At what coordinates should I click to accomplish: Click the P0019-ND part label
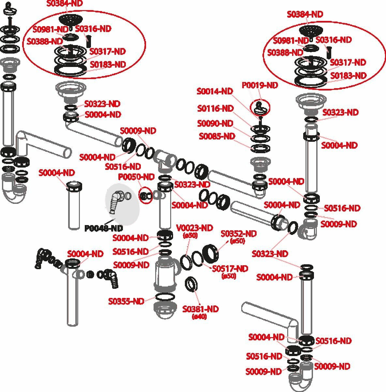[260, 85]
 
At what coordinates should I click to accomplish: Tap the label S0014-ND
[215, 91]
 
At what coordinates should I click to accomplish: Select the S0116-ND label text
[215, 108]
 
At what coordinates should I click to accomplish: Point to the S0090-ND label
[215, 123]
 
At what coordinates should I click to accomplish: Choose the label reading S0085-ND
[217, 136]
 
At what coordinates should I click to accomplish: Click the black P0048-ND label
[104, 228]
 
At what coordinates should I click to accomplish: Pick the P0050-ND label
[136, 177]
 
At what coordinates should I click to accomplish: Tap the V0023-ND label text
[194, 228]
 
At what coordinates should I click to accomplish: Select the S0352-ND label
[239, 234]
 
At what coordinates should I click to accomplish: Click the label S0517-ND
[230, 269]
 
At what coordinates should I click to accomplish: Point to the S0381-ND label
[200, 309]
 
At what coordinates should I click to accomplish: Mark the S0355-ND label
[126, 301]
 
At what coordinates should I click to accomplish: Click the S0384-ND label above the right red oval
[305, 14]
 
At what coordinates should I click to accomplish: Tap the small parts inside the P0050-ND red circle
[145, 196]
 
